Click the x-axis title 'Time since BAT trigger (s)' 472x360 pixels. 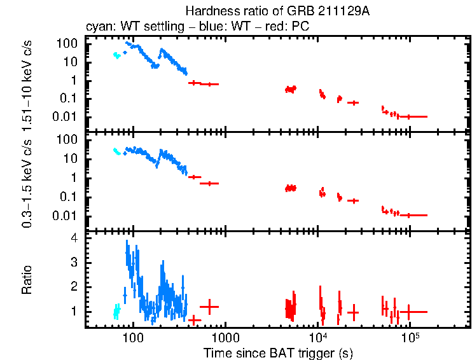click(278, 352)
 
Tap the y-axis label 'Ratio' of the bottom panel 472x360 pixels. click(27, 280)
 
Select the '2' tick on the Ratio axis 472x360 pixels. click(74, 287)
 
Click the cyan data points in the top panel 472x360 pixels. click(116, 55)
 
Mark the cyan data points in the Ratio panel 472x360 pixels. click(116, 311)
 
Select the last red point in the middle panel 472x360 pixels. click(410, 215)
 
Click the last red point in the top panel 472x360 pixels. click(410, 116)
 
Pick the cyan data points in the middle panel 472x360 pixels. click(116, 151)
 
